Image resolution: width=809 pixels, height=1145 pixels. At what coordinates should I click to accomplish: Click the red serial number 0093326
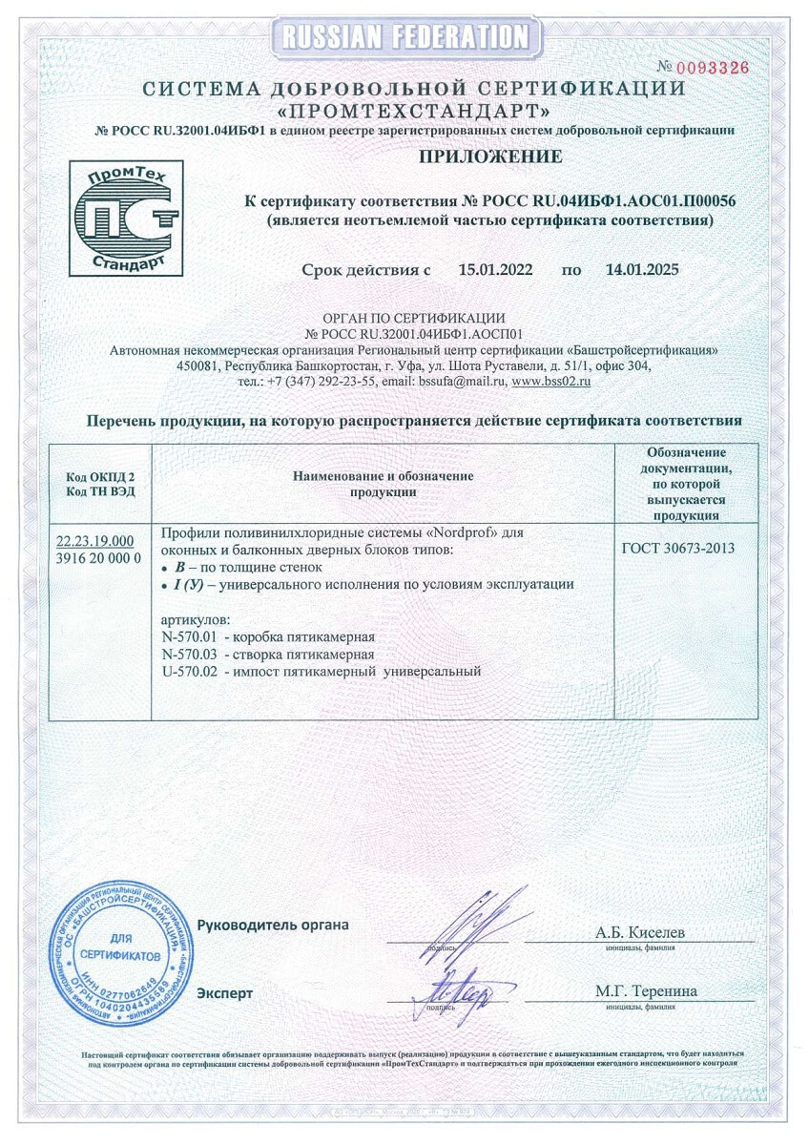[x=711, y=67]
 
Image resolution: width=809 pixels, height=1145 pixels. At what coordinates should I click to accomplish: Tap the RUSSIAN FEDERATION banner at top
[x=404, y=37]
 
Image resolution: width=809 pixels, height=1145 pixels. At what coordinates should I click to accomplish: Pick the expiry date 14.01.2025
[x=642, y=270]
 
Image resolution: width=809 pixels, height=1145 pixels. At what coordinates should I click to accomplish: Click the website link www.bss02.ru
[x=552, y=381]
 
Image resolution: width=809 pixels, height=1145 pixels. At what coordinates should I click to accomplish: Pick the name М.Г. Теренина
[x=646, y=991]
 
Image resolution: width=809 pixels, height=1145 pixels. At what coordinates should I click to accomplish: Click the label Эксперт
[x=225, y=993]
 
